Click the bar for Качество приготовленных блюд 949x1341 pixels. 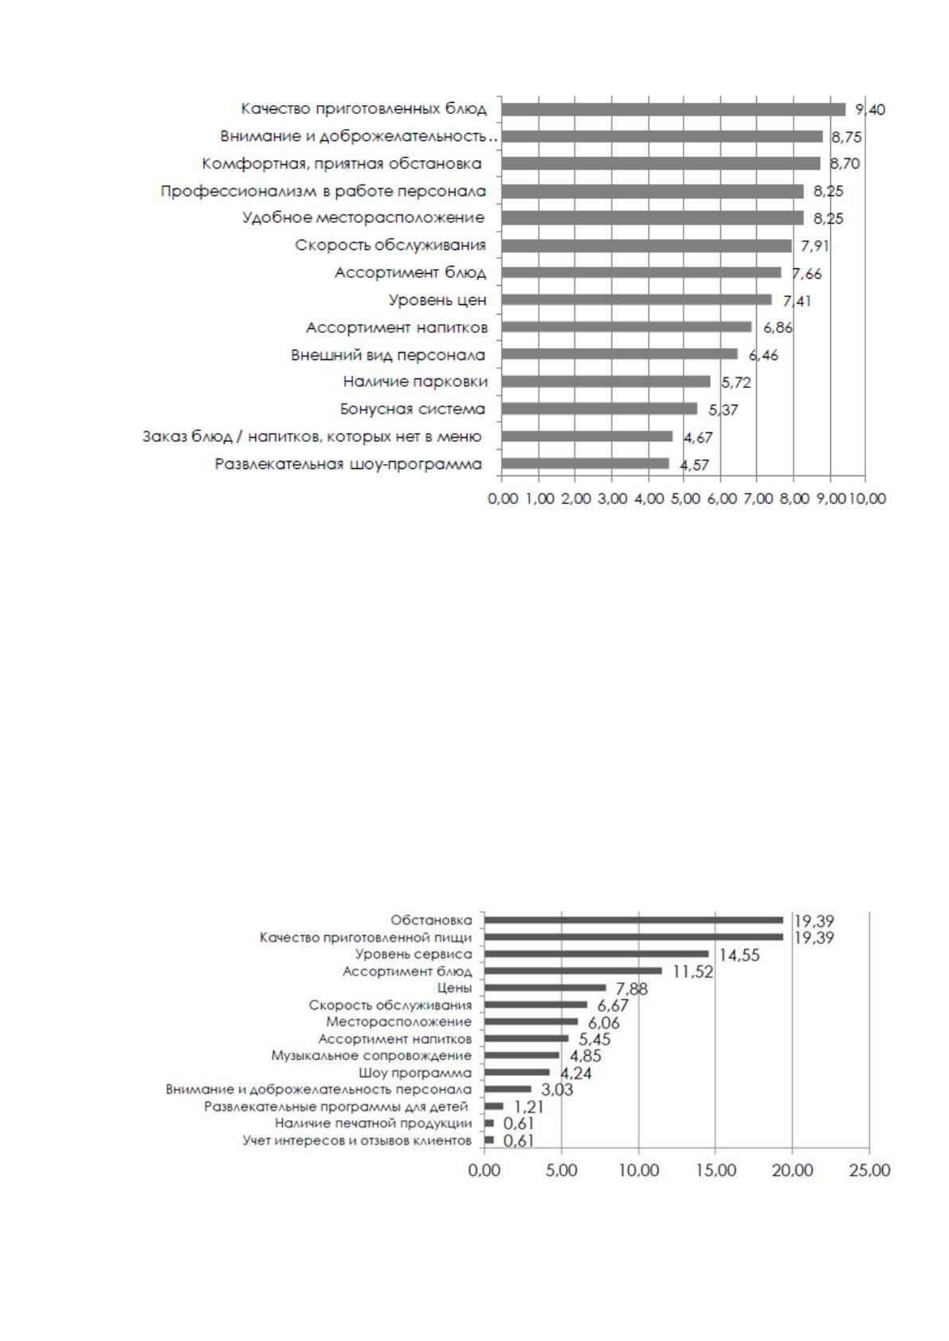click(x=673, y=110)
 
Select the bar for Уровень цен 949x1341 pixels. click(x=637, y=300)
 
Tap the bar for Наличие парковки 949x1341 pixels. click(x=606, y=381)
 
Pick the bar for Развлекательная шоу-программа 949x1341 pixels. click(x=586, y=463)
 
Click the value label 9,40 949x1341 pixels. click(x=870, y=110)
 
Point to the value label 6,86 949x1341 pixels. click(x=777, y=327)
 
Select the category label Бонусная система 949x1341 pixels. click(x=412, y=409)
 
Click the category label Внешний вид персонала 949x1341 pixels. click(x=387, y=355)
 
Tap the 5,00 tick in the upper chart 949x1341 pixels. click(x=684, y=498)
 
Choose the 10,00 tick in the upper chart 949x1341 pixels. click(x=867, y=498)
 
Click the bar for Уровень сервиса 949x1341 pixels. click(x=596, y=954)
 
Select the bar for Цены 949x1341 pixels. click(x=545, y=987)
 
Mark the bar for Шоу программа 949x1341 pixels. click(x=517, y=1072)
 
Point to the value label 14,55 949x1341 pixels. click(x=739, y=955)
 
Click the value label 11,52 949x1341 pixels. click(x=692, y=972)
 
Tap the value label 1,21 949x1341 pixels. click(x=527, y=1106)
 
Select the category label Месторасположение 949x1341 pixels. click(x=398, y=1022)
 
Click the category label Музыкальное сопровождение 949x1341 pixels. click(x=371, y=1055)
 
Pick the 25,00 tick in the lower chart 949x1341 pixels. click(x=869, y=1170)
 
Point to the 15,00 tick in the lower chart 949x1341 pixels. click(x=716, y=1170)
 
